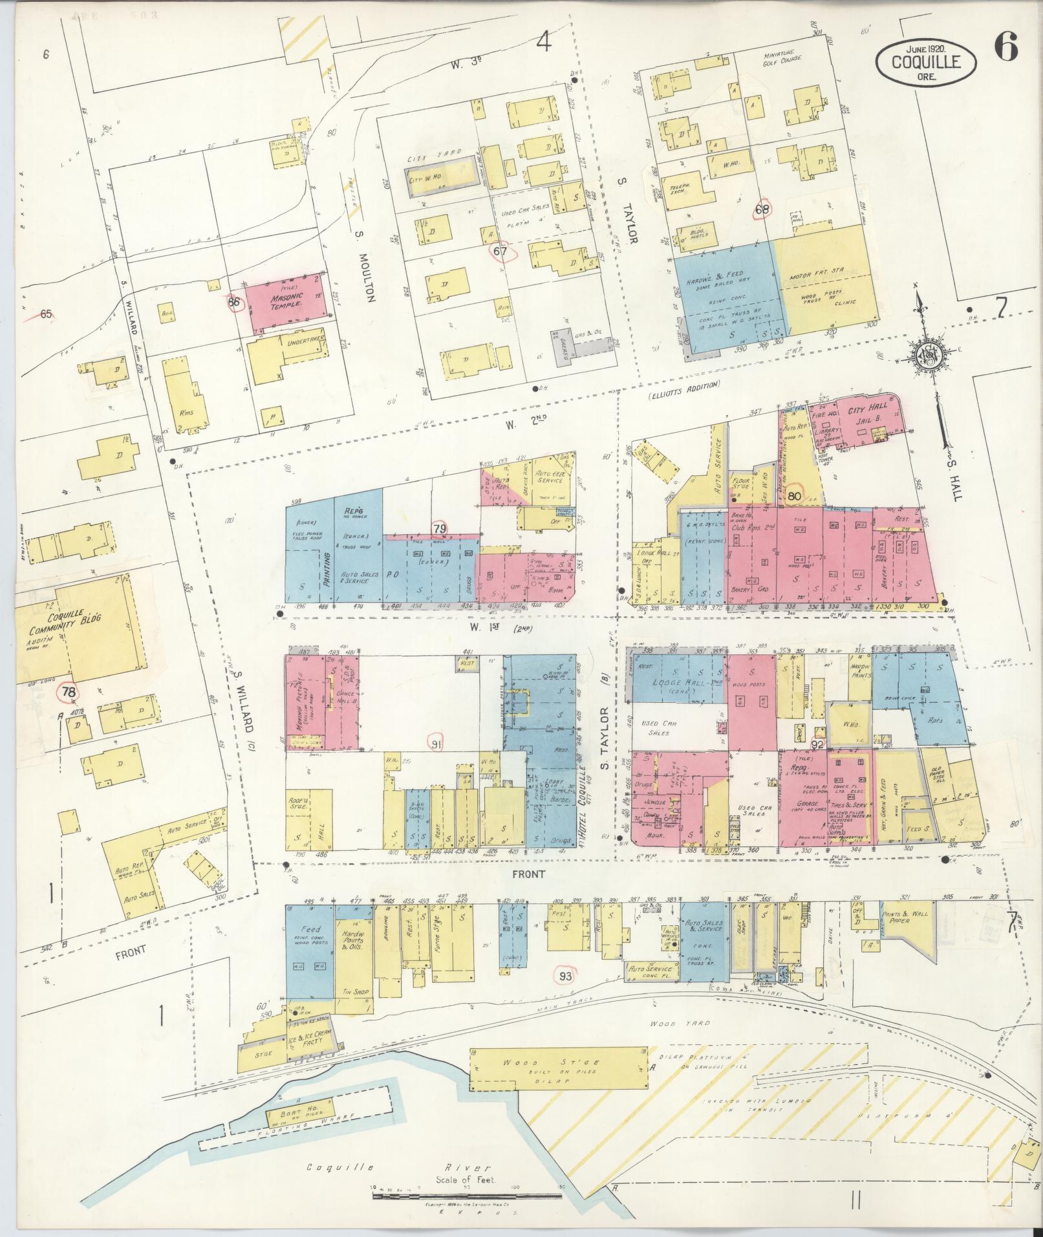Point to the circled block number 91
click(x=436, y=744)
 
